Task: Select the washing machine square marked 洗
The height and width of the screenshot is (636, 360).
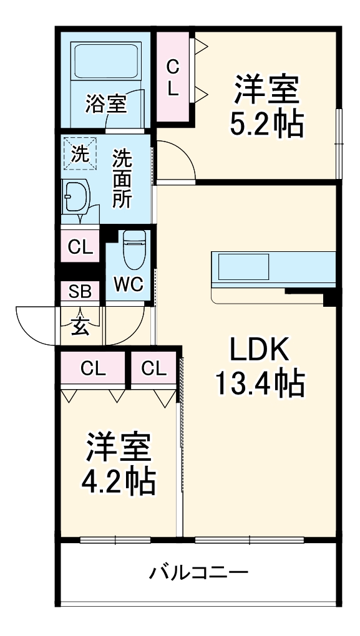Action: coord(79,153)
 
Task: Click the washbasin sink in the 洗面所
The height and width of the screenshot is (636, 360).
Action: coord(74,196)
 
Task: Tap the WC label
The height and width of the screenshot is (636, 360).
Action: coord(129,284)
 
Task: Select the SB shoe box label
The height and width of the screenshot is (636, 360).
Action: coord(79,292)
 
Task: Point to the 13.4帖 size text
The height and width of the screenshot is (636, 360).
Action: coord(259,383)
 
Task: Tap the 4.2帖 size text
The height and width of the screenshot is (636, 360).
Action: coord(118,480)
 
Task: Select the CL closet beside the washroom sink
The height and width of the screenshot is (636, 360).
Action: coord(80,248)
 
